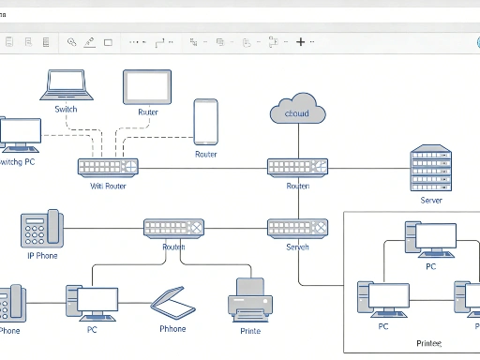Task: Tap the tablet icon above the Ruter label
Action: click(147, 87)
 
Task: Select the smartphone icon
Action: click(205, 122)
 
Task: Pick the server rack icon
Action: click(431, 169)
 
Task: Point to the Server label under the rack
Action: click(431, 200)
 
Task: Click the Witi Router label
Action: click(108, 186)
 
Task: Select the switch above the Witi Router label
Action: click(108, 168)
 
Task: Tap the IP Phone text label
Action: click(42, 255)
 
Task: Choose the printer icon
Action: click(249, 298)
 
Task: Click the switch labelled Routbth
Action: click(173, 228)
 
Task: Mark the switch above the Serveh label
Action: click(297, 228)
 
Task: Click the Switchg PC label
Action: click(18, 162)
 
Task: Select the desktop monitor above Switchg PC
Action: click(21, 134)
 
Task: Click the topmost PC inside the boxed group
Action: click(430, 239)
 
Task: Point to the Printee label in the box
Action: click(429, 344)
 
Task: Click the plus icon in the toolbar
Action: click(301, 41)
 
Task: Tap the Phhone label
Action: click(172, 329)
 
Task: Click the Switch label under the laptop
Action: click(66, 109)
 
